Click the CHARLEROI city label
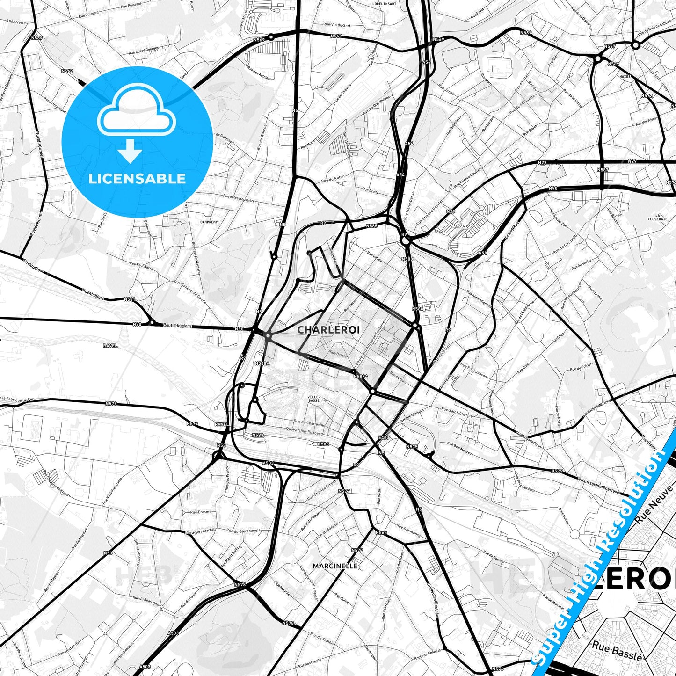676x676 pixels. coord(328,330)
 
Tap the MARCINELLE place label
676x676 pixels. coord(335,566)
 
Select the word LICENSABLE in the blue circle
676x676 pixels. coord(137,179)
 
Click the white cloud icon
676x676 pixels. coord(136,114)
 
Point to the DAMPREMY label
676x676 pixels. coord(209,222)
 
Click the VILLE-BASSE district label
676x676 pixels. coord(313,398)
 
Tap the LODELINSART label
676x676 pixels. coord(384,4)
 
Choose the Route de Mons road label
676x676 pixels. coord(177,326)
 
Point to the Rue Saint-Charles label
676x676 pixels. coord(457,414)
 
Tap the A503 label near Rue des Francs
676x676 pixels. coord(268,463)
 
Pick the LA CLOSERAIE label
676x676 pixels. coord(657,217)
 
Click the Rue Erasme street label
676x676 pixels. coord(201,512)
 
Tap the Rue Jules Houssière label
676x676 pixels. coord(239,198)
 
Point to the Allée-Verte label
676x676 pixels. coord(16,22)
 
